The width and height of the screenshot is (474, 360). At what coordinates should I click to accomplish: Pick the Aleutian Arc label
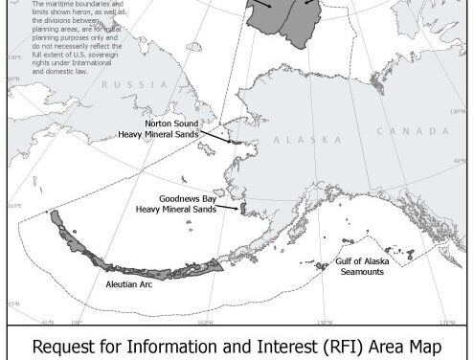click(x=124, y=284)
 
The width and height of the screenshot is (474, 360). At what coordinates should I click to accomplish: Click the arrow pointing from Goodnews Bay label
click(x=228, y=205)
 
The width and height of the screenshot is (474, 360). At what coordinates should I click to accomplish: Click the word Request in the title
click(x=69, y=344)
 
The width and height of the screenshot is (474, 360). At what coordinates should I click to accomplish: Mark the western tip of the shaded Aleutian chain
click(x=55, y=215)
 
